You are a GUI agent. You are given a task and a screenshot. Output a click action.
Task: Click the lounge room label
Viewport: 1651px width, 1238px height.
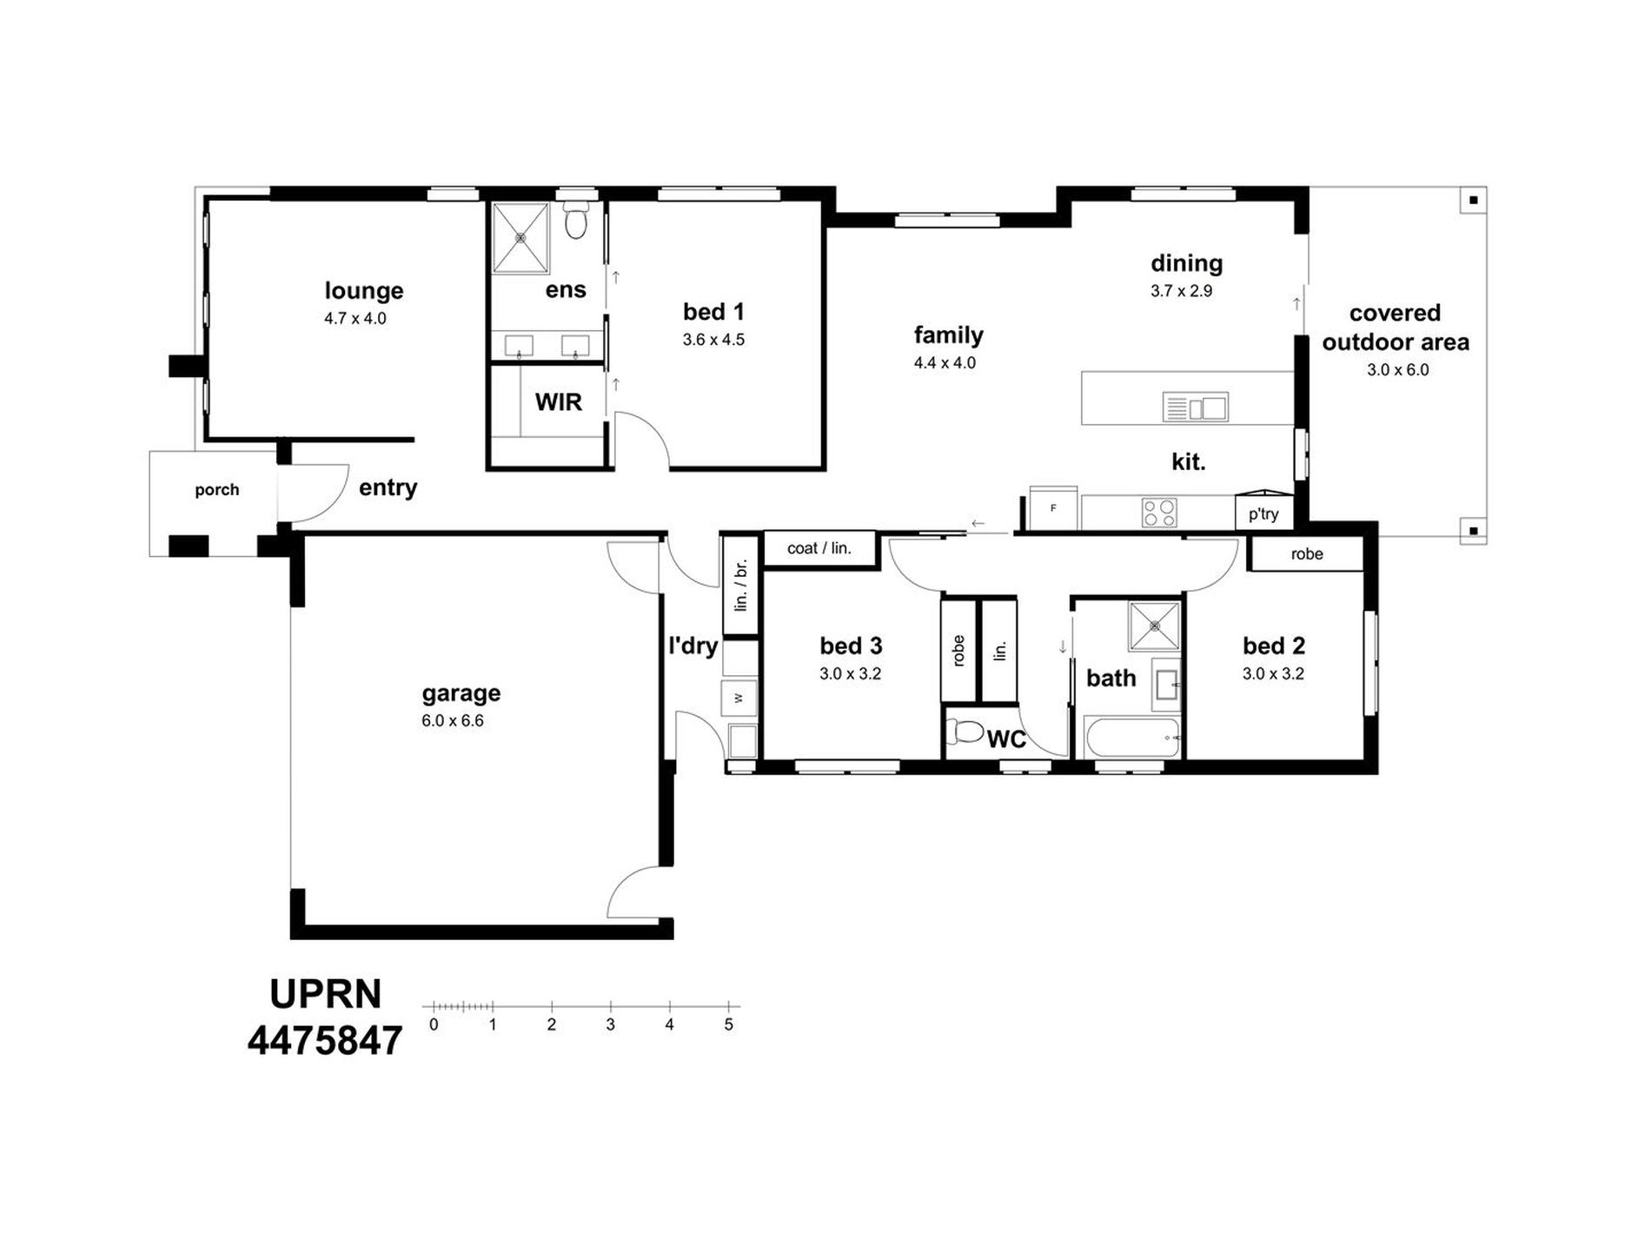[364, 290]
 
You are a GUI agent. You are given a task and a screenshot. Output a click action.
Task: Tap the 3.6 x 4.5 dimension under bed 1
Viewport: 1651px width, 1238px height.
[713, 340]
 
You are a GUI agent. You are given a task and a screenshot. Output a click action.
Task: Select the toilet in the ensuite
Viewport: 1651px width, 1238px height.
[575, 220]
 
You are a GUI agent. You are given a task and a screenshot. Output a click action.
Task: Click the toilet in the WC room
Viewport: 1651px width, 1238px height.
[965, 732]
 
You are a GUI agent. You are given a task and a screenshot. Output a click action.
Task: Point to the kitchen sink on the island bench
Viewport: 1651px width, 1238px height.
[1196, 407]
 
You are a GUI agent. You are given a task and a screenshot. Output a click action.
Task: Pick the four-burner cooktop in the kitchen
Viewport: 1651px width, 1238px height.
[1159, 513]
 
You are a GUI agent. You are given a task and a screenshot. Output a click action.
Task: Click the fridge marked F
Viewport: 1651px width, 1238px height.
[1053, 508]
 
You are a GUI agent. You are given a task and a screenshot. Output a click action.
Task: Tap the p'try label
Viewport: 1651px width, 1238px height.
[1263, 513]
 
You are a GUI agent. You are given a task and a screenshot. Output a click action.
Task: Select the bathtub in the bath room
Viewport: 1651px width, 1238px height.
[1132, 738]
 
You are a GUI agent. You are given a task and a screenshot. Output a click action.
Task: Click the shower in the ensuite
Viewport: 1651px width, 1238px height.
[520, 237]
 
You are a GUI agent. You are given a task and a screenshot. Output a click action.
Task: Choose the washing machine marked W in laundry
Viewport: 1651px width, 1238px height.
[739, 698]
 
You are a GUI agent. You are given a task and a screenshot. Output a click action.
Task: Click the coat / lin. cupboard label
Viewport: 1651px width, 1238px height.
[819, 548]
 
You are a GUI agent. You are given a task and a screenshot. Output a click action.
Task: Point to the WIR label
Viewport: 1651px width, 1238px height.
[559, 402]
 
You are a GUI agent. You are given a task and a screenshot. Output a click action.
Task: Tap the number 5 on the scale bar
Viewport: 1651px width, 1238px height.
[728, 1025]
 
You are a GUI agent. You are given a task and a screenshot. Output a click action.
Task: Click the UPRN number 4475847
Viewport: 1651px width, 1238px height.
[325, 1040]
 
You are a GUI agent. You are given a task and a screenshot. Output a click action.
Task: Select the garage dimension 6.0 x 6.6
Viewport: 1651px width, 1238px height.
[453, 721]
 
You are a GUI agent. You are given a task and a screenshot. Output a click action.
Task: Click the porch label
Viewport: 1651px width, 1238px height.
[216, 490]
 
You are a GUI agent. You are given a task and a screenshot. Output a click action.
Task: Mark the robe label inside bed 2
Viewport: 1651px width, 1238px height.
[1307, 554]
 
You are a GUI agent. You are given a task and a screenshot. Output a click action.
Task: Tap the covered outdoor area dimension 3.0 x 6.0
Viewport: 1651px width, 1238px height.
[1398, 370]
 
